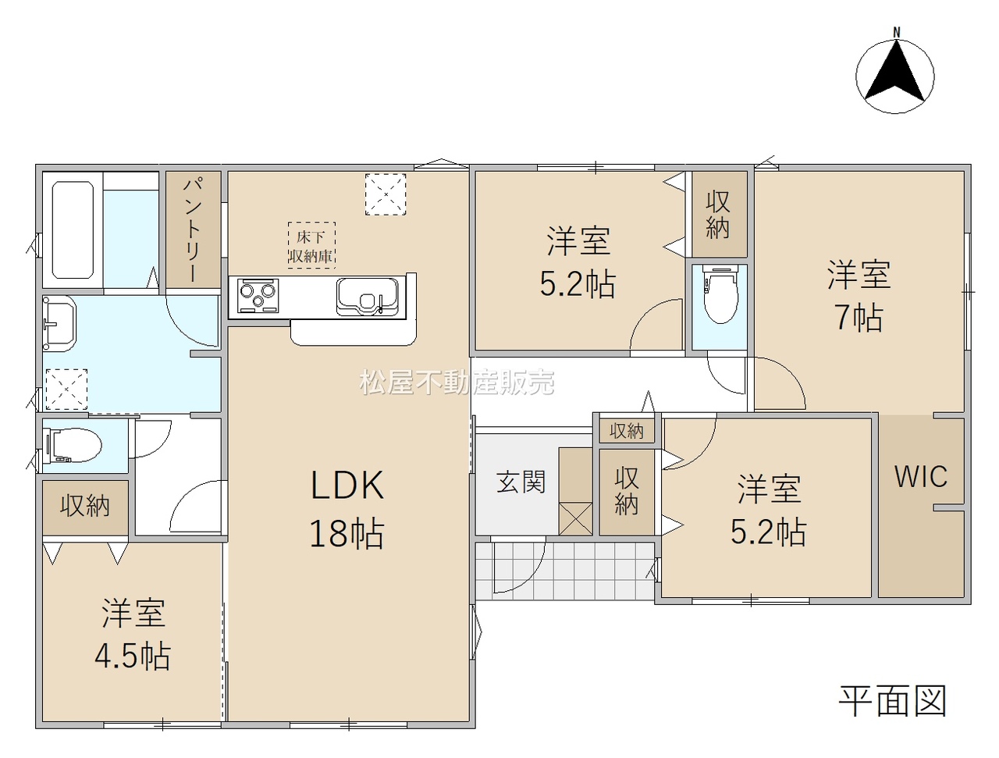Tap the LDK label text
(347, 486)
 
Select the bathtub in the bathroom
(73, 230)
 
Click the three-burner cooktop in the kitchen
(258, 296)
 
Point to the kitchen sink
(368, 297)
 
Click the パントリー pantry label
(194, 230)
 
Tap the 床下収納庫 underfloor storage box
(311, 245)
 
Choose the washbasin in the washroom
(59, 322)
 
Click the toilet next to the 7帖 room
(720, 294)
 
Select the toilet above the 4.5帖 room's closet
(73, 447)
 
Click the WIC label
(921, 477)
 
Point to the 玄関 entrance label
(521, 482)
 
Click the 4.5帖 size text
(133, 657)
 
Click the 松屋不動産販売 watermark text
(457, 382)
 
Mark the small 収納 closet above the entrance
(627, 431)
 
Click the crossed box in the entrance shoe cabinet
(575, 518)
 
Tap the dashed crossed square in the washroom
(66, 390)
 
